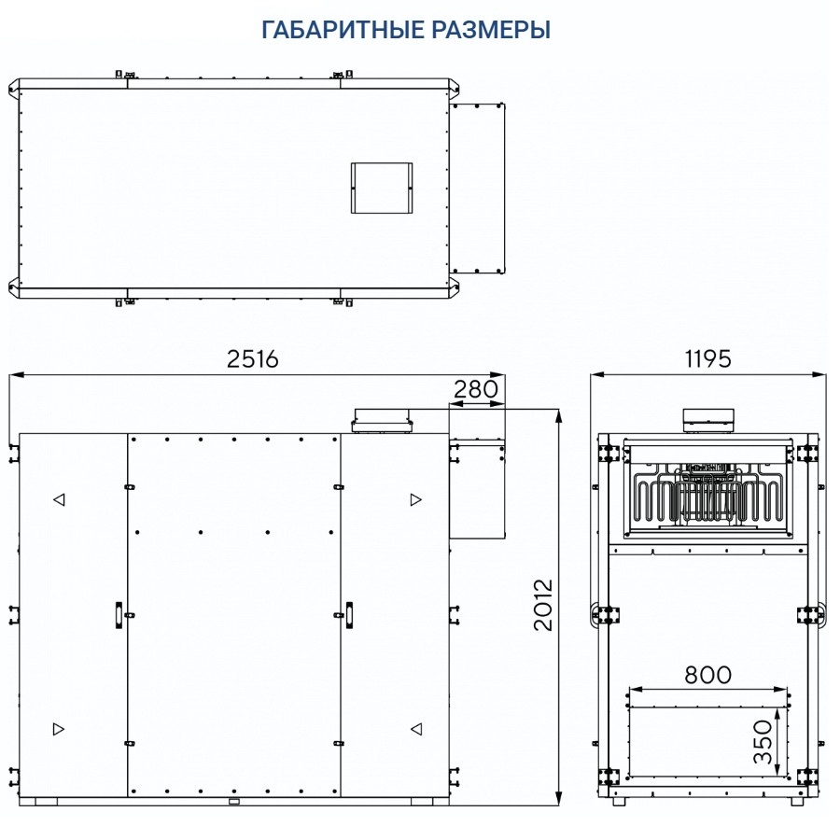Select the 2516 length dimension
click(254, 359)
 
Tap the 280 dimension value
click(477, 389)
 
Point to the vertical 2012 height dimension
click(543, 605)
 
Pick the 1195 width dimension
click(707, 359)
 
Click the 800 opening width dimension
click(707, 674)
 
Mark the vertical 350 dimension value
click(763, 742)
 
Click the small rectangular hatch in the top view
click(381, 188)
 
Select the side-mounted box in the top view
click(478, 188)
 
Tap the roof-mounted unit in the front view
click(381, 421)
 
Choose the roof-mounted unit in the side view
click(707, 421)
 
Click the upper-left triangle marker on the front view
click(59, 500)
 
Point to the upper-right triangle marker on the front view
click(415, 500)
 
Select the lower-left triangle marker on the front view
click(59, 728)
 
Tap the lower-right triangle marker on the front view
click(415, 728)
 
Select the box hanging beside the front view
click(478, 487)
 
